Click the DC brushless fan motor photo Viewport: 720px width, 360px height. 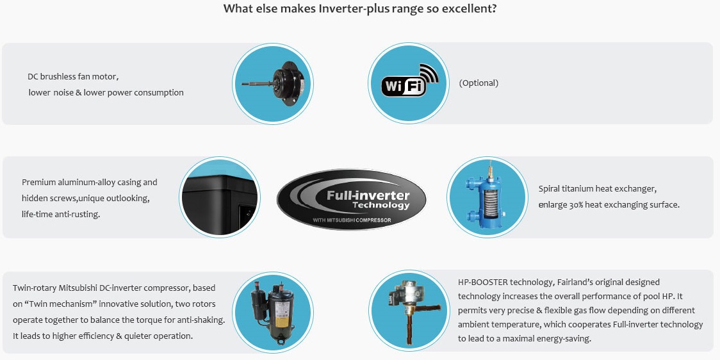(x=273, y=83)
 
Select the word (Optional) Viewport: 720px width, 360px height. (x=479, y=83)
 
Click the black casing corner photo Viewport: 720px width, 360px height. (x=220, y=197)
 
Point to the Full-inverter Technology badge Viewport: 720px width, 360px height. (x=351, y=199)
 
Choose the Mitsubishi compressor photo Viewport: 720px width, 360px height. (x=273, y=311)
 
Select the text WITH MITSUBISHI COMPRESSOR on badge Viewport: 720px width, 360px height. (x=352, y=220)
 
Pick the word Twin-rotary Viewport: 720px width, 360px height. (x=35, y=288)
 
